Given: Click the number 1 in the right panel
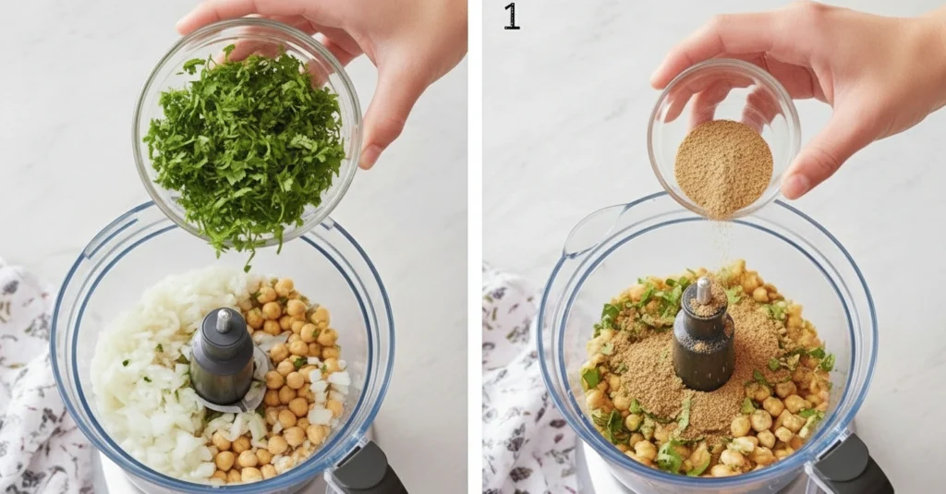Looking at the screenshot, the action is pyautogui.click(x=511, y=17).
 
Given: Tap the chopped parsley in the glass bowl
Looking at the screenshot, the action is pyautogui.click(x=244, y=145).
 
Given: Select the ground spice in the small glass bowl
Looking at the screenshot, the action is pyautogui.click(x=723, y=167).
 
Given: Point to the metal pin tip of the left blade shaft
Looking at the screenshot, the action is pyautogui.click(x=224, y=320).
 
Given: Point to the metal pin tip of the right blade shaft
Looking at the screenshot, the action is pyautogui.click(x=703, y=290).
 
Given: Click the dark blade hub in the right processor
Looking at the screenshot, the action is pyautogui.click(x=703, y=338).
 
